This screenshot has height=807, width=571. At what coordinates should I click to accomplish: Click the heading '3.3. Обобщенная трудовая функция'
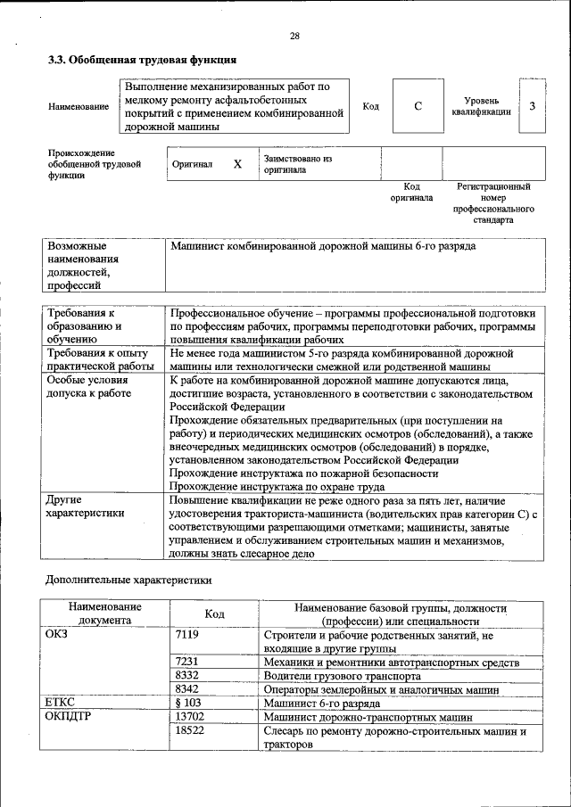141,61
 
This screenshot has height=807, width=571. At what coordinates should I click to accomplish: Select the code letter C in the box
418,107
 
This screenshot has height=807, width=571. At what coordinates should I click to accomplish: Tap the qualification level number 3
532,107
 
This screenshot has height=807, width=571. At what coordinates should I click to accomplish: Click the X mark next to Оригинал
237,165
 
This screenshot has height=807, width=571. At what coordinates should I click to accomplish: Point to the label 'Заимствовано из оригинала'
297,164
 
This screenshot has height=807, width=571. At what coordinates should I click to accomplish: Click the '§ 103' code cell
190,703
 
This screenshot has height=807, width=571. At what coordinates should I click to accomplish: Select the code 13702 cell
190,717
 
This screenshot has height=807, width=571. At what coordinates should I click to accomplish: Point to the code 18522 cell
190,731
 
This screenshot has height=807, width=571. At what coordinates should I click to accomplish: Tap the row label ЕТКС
60,703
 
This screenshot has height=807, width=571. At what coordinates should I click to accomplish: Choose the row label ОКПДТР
68,717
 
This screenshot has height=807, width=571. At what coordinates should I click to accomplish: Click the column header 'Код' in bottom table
214,613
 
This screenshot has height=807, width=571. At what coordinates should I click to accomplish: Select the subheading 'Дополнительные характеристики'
128,581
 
